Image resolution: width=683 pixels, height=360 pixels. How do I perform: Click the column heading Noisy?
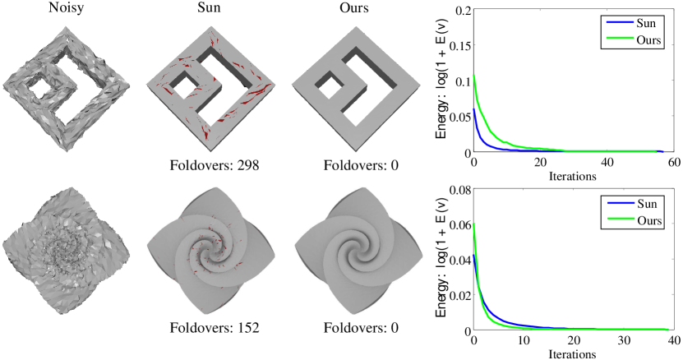[x=67, y=8]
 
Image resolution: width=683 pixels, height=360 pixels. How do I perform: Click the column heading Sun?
[x=209, y=8]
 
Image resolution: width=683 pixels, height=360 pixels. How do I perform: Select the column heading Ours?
[x=354, y=8]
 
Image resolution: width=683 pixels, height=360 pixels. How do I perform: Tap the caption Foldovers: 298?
[x=215, y=165]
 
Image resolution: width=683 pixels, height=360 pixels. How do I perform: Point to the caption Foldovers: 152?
[x=215, y=327]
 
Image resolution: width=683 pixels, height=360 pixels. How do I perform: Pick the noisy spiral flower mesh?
[x=67, y=250]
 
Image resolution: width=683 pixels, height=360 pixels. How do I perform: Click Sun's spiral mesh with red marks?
[x=211, y=250]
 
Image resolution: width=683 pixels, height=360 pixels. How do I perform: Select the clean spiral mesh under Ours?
[x=358, y=250]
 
